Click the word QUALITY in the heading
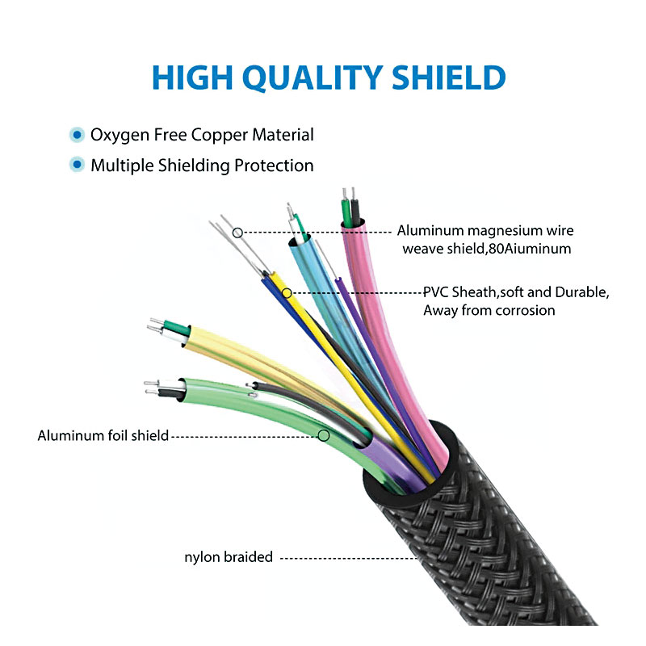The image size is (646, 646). point(313,78)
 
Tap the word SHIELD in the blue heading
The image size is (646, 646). point(449,77)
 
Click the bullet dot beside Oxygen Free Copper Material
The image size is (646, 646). point(77,135)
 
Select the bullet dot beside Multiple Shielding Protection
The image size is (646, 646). point(77,165)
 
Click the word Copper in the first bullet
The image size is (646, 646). point(220,136)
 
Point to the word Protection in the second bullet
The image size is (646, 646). point(274,166)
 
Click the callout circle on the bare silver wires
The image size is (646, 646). point(237,233)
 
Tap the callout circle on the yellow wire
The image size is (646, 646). point(287,293)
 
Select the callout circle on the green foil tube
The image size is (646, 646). point(324,435)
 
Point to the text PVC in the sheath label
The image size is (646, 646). point(436,292)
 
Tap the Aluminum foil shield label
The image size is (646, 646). point(103,435)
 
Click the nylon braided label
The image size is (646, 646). point(229,557)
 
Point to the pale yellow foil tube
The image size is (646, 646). point(264,363)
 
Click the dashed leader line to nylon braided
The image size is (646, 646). point(349,559)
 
